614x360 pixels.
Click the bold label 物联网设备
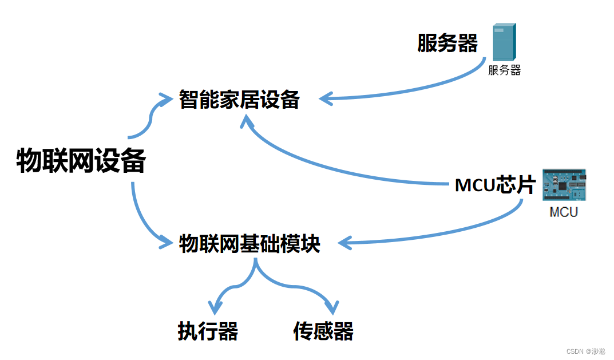[x=81, y=161]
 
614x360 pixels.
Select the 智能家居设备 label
[x=239, y=100]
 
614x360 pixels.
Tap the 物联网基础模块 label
[x=249, y=244]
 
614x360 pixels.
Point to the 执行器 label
[x=208, y=331]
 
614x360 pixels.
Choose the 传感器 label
[x=323, y=331]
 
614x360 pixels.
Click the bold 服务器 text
[x=447, y=43]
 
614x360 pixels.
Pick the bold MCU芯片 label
[x=495, y=185]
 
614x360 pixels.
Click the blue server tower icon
[x=504, y=42]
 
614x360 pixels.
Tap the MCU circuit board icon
[x=565, y=185]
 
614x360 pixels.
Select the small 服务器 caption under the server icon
[x=504, y=70]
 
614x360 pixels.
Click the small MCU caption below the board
[x=564, y=212]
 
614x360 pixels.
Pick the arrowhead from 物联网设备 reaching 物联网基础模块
[x=167, y=243]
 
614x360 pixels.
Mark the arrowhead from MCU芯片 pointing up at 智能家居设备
[x=247, y=121]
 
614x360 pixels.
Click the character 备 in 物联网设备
[x=133, y=161]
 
